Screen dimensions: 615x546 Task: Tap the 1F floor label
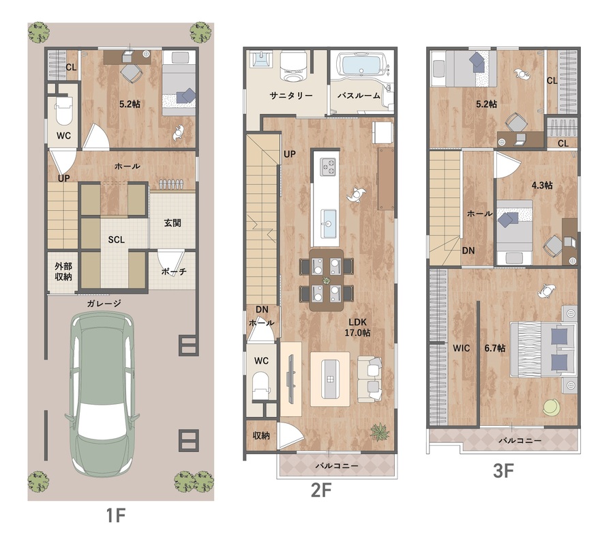click(x=115, y=515)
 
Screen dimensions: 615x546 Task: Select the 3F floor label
click(x=503, y=471)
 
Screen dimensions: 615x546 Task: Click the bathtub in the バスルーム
click(x=361, y=64)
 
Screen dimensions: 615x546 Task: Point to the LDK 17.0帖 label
click(x=357, y=328)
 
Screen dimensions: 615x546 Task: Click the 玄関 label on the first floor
click(x=172, y=223)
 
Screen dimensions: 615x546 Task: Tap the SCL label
click(x=117, y=240)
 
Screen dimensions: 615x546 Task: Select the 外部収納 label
click(x=63, y=271)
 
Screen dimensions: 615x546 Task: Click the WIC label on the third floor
click(x=461, y=348)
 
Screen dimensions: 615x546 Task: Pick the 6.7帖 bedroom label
click(x=494, y=348)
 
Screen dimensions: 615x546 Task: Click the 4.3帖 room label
click(x=542, y=185)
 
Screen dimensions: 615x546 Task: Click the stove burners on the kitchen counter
click(x=328, y=167)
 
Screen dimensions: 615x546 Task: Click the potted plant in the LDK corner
click(x=380, y=432)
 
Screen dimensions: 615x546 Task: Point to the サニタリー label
click(x=290, y=95)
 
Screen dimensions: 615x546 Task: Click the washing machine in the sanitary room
click(x=292, y=67)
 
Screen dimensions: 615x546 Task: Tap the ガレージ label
click(x=104, y=304)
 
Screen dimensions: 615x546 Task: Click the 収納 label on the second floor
click(x=261, y=435)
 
